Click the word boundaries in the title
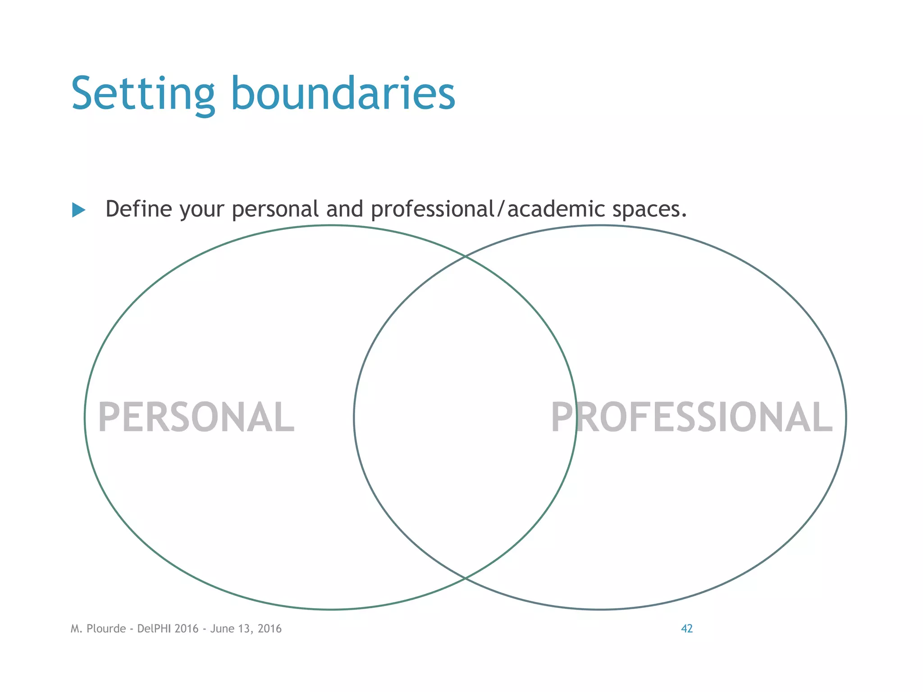click(x=343, y=93)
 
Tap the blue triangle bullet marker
click(x=78, y=210)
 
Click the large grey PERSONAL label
click(x=196, y=418)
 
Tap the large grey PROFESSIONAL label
click(x=691, y=418)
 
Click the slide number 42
click(x=686, y=628)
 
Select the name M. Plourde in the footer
click(x=98, y=628)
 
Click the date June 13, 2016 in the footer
click(x=246, y=628)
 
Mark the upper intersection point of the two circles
click(x=466, y=256)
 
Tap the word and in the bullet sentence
click(x=345, y=209)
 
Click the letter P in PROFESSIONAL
click(x=562, y=418)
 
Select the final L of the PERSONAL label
click(x=285, y=418)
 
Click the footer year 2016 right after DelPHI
click(x=187, y=628)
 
